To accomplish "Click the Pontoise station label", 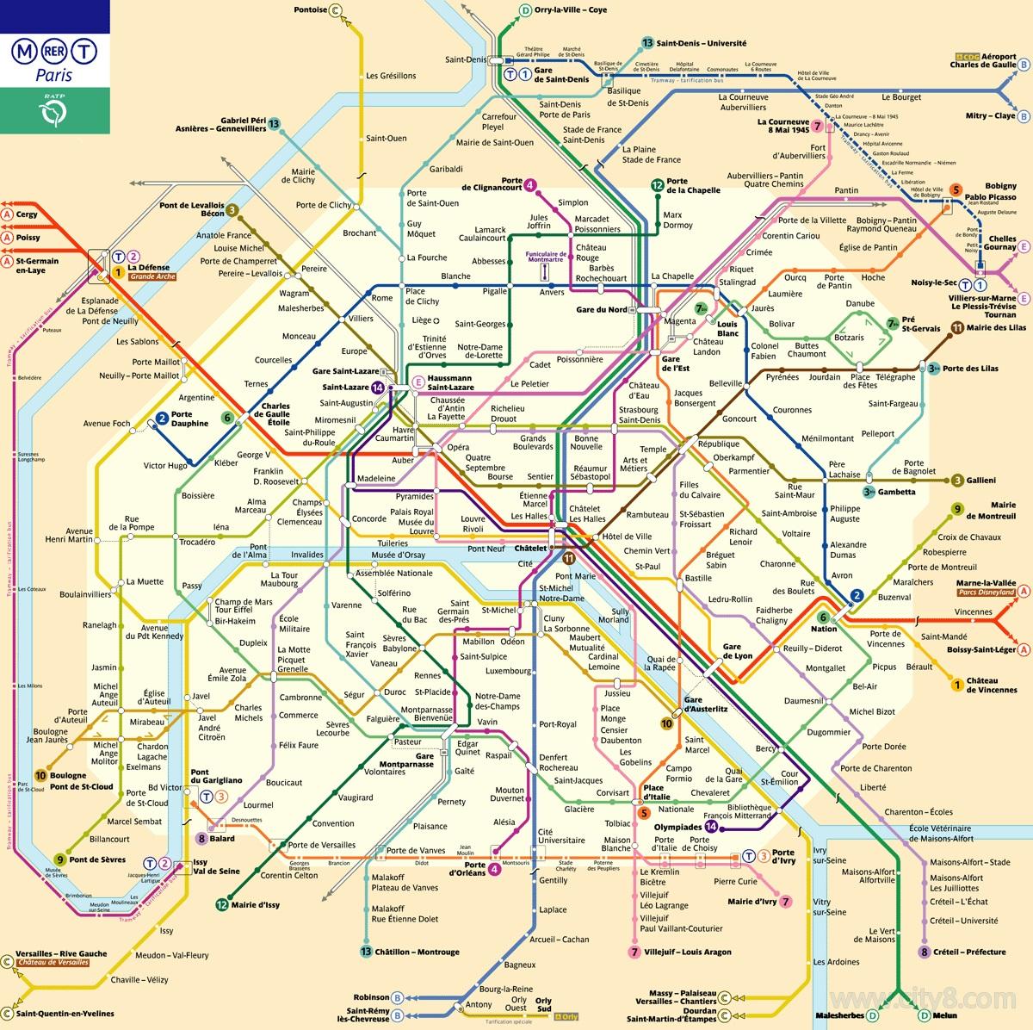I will point(310,10).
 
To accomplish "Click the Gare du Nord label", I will point(601,309).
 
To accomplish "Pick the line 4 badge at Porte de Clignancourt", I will point(531,183).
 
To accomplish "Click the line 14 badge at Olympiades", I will point(712,826).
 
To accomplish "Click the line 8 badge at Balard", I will point(201,838).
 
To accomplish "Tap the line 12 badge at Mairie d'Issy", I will point(222,904).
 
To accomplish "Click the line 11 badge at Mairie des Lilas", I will point(957,327).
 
